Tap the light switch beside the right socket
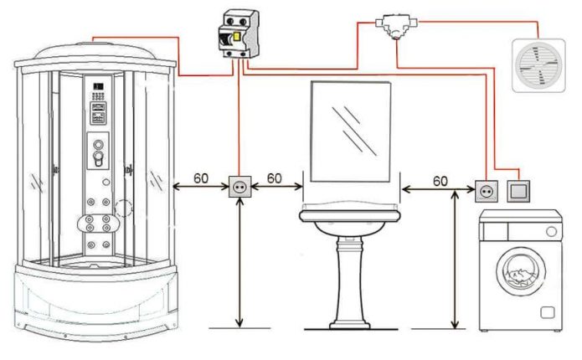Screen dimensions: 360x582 (x=518, y=191)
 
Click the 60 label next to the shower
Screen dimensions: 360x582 (x=202, y=178)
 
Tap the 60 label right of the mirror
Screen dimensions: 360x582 (x=440, y=180)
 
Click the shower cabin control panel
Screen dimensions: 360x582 (x=99, y=117)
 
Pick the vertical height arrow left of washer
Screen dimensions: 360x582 (x=455, y=260)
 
